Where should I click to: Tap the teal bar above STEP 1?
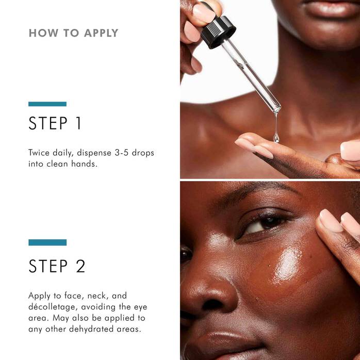(47, 104)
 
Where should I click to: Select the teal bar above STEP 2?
(47, 242)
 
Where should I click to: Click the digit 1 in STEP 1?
(78, 124)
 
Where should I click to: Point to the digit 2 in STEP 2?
(80, 266)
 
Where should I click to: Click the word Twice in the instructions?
(39, 153)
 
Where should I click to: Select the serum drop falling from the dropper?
(276, 137)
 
